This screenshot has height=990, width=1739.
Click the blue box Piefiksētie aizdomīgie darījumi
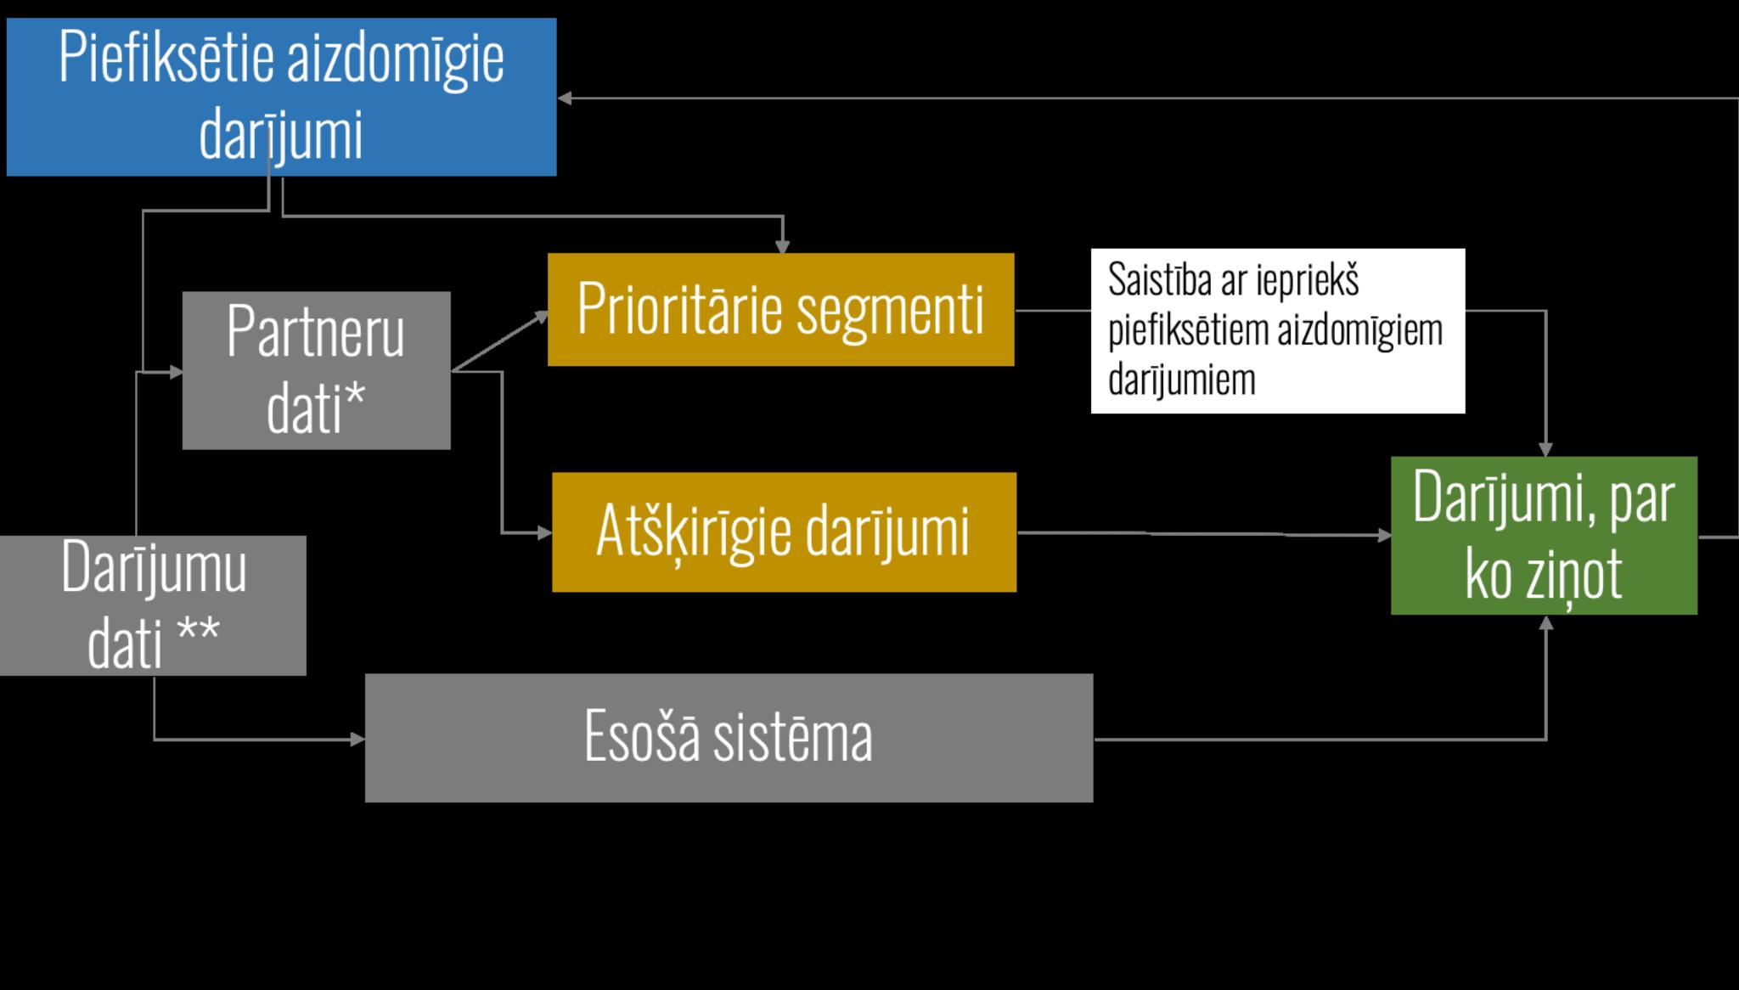coord(281,97)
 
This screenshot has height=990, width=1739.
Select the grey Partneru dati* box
coord(316,370)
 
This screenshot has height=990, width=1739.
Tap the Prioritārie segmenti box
coord(780,309)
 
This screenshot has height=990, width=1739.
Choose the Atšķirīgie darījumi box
coord(784,532)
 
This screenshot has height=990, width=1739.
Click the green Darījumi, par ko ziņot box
coord(1544,535)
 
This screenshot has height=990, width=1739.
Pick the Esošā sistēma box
coord(729,737)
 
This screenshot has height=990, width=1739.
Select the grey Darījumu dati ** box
coord(153,605)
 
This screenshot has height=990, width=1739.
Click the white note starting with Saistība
coord(1277,330)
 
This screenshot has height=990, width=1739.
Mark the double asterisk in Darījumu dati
coord(199,633)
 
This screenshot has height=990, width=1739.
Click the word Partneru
coord(315,333)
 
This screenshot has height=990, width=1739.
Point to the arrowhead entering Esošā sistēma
coord(358,740)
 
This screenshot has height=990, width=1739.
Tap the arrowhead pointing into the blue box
coord(565,98)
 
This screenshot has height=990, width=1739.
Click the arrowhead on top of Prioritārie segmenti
coord(783,247)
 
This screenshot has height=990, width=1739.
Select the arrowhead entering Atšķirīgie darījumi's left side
coord(545,533)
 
